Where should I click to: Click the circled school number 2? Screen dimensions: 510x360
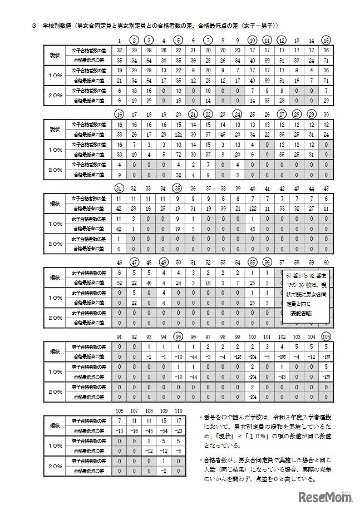click(134, 40)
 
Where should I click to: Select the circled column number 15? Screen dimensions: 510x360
click(326, 40)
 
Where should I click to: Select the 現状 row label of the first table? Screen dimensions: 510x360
click(55, 55)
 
